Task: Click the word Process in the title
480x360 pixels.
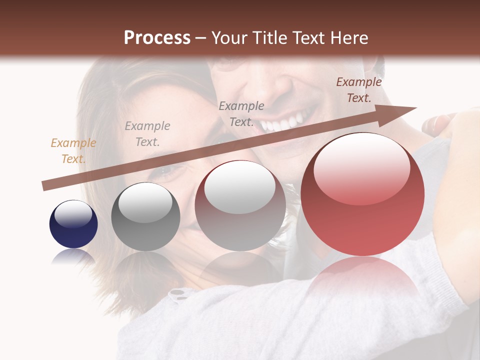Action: click(x=157, y=38)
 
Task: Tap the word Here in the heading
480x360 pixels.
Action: click(x=348, y=38)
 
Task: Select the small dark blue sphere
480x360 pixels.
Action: click(x=73, y=224)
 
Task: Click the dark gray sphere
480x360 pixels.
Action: click(x=145, y=217)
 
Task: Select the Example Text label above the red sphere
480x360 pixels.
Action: click(x=358, y=90)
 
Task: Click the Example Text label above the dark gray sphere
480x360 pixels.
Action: click(x=147, y=134)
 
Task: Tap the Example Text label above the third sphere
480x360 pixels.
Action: click(x=241, y=113)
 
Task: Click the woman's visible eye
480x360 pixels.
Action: click(x=170, y=172)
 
